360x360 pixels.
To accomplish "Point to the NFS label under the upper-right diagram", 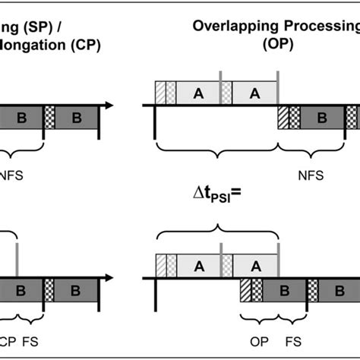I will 310,175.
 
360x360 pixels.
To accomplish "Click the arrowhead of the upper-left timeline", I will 111,104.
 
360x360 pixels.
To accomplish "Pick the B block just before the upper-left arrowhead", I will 76,118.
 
